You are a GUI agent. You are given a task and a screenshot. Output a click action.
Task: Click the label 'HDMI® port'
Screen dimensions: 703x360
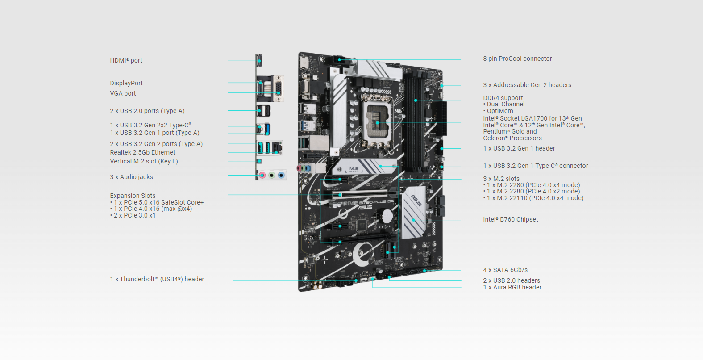pos(126,60)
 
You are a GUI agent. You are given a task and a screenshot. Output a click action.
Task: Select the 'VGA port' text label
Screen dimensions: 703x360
pos(123,93)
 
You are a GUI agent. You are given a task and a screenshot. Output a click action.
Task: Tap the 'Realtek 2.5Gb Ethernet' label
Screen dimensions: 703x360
pos(142,152)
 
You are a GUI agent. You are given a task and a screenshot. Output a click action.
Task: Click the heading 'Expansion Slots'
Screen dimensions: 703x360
pos(133,196)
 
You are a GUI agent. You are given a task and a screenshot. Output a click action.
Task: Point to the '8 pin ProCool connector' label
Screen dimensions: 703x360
pos(517,59)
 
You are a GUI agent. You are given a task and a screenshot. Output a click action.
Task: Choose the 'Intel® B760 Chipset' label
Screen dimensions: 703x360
pos(510,219)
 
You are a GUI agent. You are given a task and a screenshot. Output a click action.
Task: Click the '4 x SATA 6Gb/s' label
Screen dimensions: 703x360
pos(505,270)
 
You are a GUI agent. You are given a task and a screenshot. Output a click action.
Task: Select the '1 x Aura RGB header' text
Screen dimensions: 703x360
pos(512,287)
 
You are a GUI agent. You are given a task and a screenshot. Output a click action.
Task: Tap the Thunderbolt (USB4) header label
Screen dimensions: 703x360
pos(157,279)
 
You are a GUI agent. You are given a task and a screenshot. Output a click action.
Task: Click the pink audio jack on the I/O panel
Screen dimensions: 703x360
pos(262,175)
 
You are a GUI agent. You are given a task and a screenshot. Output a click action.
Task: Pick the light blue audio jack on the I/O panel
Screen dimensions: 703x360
pos(281,175)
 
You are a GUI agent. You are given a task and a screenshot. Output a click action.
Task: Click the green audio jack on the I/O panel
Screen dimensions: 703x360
pos(272,175)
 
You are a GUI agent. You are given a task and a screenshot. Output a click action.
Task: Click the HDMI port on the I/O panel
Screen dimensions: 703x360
pos(259,60)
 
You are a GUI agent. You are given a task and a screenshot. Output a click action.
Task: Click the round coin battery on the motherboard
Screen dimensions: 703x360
pos(387,216)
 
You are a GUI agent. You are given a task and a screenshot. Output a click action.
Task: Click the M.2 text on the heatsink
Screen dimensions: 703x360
pos(354,169)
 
